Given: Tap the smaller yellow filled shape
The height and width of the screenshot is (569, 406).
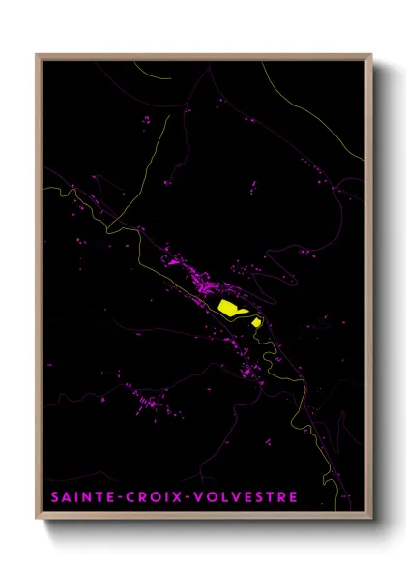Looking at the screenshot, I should click(256, 321).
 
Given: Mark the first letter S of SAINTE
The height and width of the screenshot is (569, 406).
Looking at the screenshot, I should click(51, 497).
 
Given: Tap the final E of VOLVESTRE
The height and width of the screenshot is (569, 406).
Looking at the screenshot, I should click(293, 497).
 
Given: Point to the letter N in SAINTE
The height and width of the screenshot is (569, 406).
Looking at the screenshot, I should click(85, 497).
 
